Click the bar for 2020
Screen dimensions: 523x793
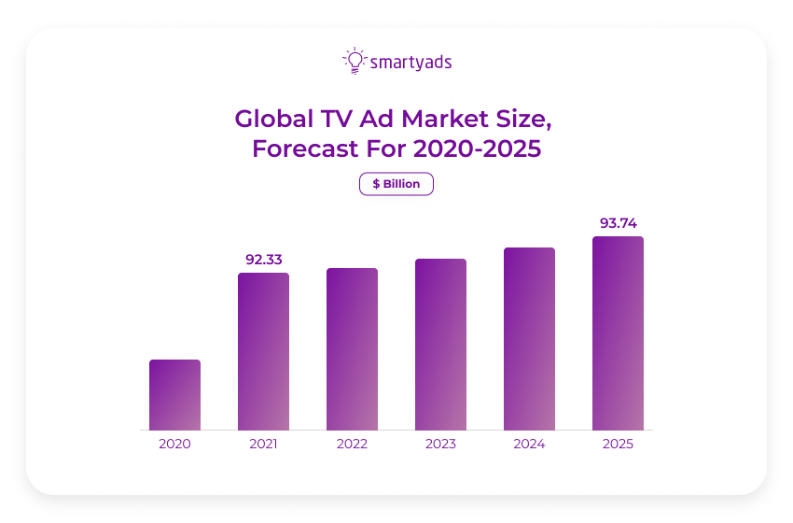tap(174, 394)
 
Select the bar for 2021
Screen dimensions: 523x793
tap(263, 351)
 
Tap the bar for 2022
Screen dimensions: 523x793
tap(352, 348)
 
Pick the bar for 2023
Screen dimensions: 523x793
tap(440, 344)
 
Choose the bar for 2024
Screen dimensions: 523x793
tap(529, 338)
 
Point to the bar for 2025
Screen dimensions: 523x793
tap(618, 332)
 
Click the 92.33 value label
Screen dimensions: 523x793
tap(264, 260)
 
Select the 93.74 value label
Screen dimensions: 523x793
tap(618, 223)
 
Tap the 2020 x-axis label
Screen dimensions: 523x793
tap(174, 444)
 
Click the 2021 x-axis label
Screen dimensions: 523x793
tap(263, 444)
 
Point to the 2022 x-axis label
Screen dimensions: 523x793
tap(352, 444)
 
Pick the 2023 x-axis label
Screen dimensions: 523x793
tap(440, 444)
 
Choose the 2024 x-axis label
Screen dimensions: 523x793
tap(529, 444)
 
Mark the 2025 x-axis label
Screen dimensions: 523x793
tap(618, 444)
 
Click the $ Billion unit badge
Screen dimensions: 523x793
tap(396, 184)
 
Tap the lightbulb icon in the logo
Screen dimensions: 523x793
tap(355, 61)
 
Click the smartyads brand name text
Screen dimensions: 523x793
tap(411, 63)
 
